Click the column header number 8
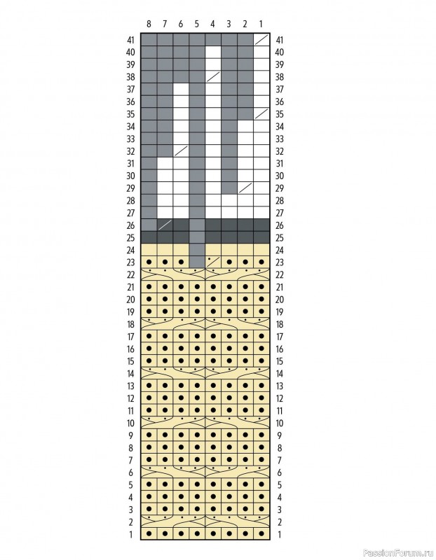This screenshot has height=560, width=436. click(149, 24)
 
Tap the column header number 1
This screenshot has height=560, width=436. click(261, 24)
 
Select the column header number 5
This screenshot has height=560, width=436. click(197, 24)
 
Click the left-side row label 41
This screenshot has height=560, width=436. click(130, 40)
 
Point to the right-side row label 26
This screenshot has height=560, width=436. click(280, 225)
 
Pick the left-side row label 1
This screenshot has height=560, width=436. click(131, 535)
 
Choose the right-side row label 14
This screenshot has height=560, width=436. click(280, 374)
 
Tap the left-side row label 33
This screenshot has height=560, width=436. click(130, 139)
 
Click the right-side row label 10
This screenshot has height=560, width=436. click(280, 423)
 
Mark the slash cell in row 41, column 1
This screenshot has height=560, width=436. click(261, 40)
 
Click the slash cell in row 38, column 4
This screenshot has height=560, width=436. click(213, 77)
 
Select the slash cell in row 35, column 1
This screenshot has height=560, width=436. click(261, 114)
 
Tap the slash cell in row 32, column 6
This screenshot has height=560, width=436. click(181, 151)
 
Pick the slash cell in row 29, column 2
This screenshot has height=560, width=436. click(245, 188)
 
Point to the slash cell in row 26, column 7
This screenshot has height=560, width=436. click(165, 225)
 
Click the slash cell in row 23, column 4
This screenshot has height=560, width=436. click(213, 262)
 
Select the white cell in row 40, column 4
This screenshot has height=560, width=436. click(213, 52)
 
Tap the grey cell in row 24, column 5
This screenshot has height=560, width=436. click(197, 250)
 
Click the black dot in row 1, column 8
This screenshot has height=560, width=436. click(149, 534)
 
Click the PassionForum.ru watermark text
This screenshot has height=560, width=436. click(398, 554)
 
